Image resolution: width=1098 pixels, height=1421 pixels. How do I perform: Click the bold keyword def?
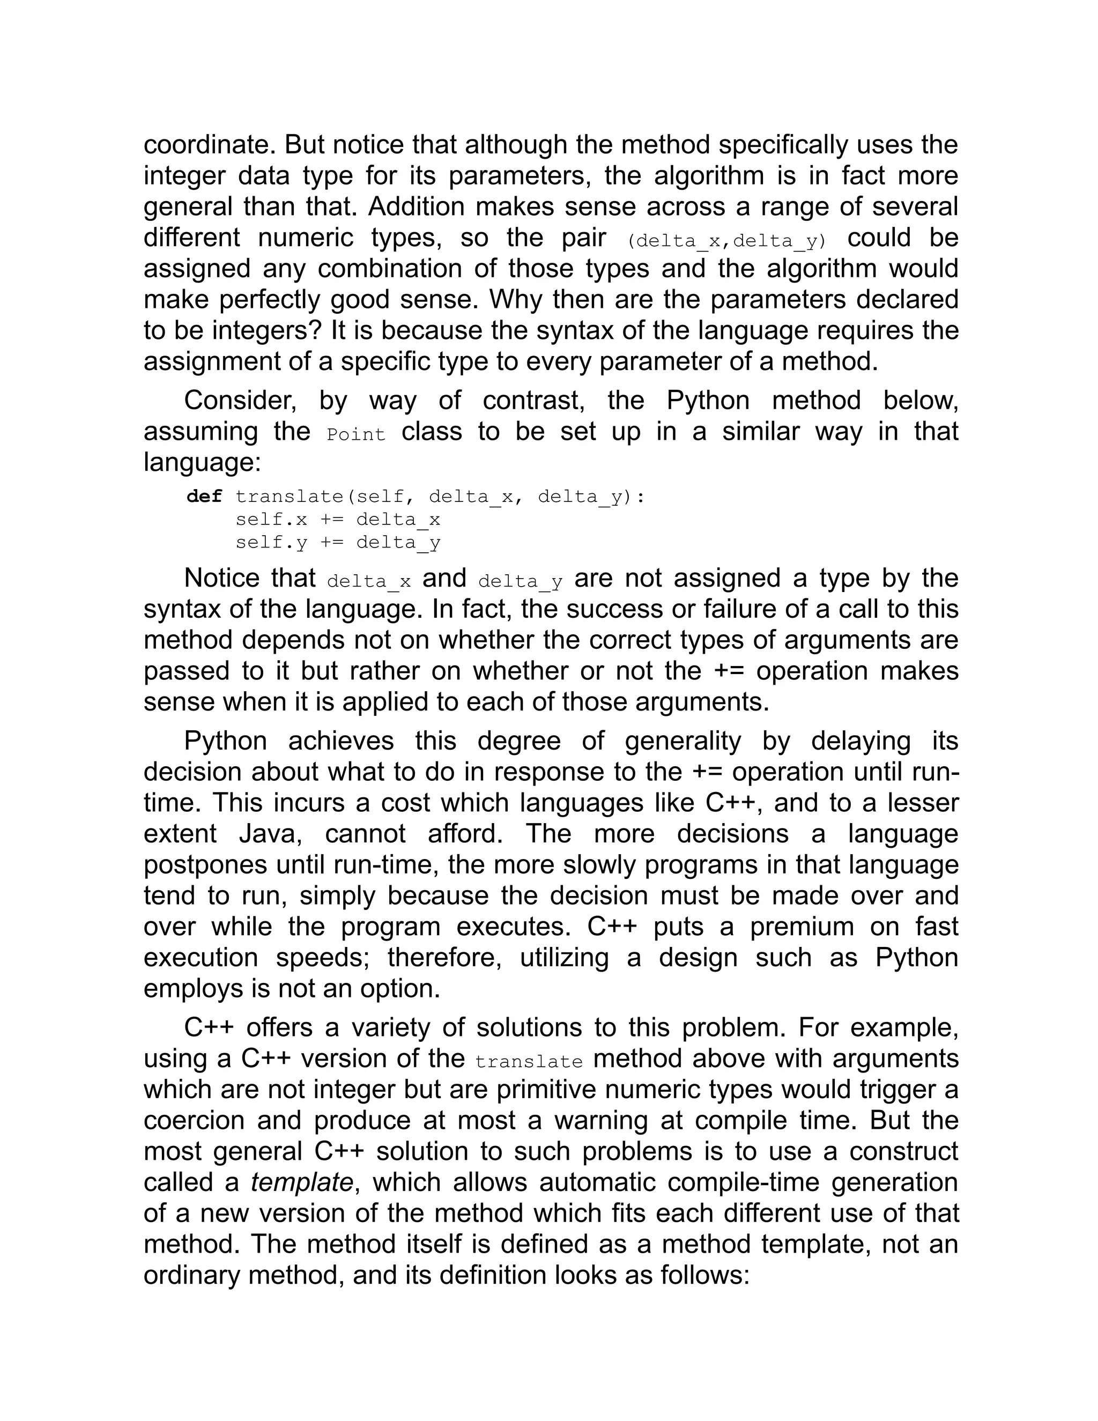tap(204, 497)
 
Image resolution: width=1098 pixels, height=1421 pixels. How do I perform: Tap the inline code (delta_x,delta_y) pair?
tap(726, 241)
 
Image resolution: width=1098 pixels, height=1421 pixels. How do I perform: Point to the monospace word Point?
tap(356, 434)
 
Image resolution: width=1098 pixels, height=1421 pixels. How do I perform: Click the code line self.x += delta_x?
tap(338, 519)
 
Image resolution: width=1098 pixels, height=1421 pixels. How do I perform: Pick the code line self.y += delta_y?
tap(338, 542)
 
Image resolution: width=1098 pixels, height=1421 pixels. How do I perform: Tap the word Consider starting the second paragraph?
tap(240, 399)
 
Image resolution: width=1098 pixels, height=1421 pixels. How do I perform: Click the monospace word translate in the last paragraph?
tap(528, 1061)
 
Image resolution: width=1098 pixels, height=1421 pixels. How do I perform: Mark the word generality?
tap(682, 741)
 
